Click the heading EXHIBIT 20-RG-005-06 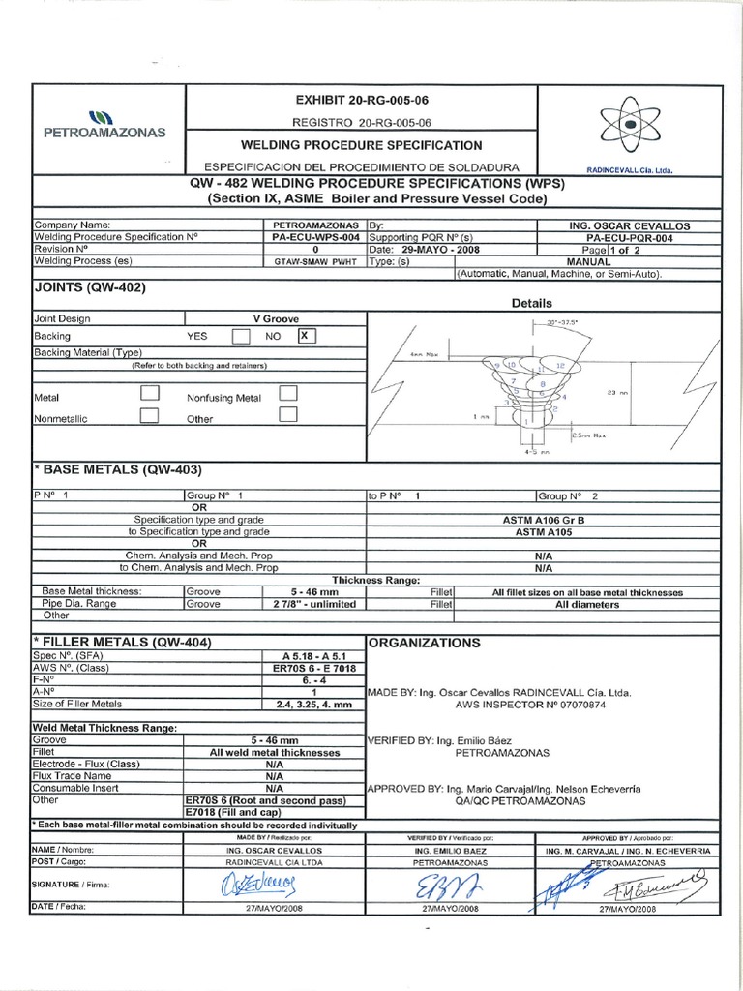pyautogui.click(x=361, y=101)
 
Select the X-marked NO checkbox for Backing pyautogui.click(x=305, y=336)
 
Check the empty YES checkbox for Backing pyautogui.click(x=241, y=336)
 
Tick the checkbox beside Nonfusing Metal pyautogui.click(x=287, y=393)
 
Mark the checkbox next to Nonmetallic pyautogui.click(x=150, y=415)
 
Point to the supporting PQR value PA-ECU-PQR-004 pyautogui.click(x=630, y=237)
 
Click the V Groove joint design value pyautogui.click(x=276, y=317)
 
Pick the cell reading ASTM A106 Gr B pyautogui.click(x=549, y=520)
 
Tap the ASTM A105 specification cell pyautogui.click(x=549, y=531)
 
